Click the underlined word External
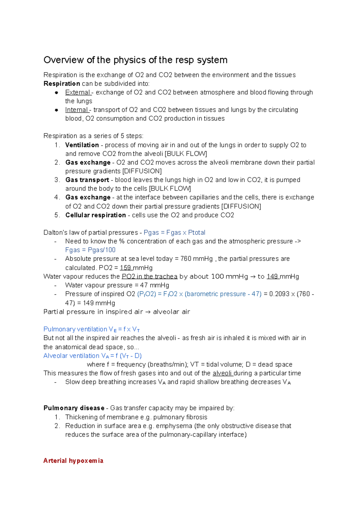pos(77,92)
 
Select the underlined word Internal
pos(76,110)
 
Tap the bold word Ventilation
pos(82,145)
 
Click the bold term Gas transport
pos(87,180)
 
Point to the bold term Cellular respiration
pos(95,215)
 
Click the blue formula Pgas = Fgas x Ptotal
pos(174,233)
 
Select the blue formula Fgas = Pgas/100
pos(90,250)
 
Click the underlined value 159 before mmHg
pos(125,268)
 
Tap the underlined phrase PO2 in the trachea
pos(149,276)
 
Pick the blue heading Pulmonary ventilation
pos(75,329)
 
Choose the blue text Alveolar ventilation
pos(71,356)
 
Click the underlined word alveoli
pos(222,373)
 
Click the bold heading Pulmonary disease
pos(74,408)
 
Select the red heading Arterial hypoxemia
pos(73,461)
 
